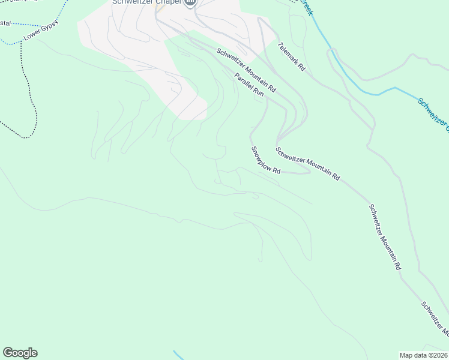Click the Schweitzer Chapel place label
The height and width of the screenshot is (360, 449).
146,2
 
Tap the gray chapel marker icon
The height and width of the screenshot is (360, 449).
190,3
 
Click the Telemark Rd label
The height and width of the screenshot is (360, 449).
292,57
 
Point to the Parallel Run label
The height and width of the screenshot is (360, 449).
249,85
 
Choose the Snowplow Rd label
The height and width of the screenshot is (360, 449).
266,160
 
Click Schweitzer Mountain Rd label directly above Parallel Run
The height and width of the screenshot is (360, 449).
246,70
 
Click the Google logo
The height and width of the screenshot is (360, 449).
20,353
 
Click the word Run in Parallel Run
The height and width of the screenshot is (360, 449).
258,92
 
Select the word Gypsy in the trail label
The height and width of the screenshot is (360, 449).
50,29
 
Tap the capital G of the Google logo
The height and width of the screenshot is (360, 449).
8,353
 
